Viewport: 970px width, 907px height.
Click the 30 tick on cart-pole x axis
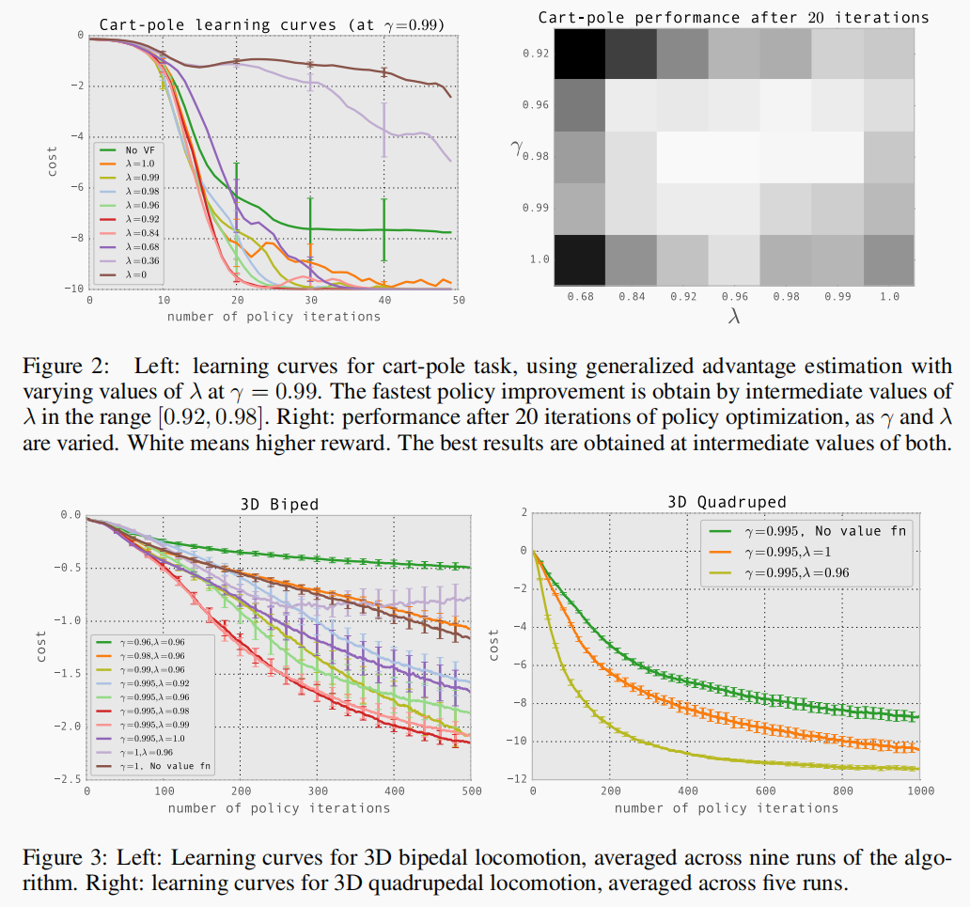pos(310,299)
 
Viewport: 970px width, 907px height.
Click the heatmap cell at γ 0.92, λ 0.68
pos(580,54)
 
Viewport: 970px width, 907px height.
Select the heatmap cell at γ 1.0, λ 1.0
pos(887,258)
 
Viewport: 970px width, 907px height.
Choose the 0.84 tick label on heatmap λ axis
pos(632,297)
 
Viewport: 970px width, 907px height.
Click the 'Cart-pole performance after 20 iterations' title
pos(733,17)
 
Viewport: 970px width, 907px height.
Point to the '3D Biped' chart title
pos(281,504)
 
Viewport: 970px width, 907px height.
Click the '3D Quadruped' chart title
pos(726,501)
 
